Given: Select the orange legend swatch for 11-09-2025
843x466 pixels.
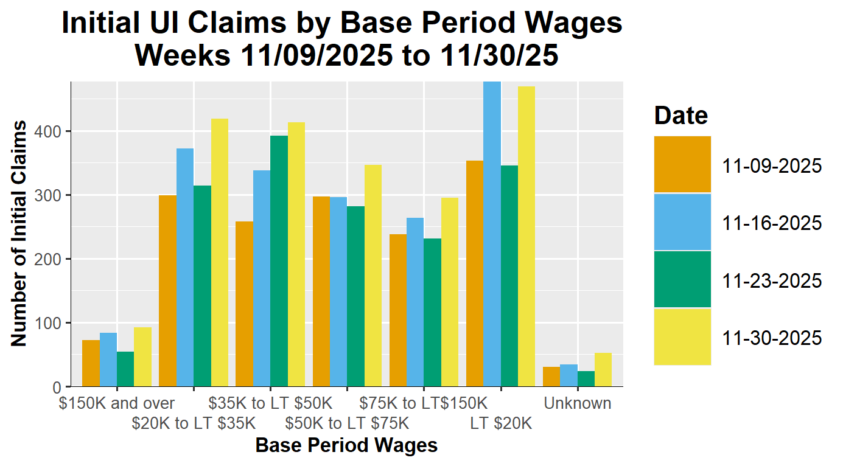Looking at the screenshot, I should click(682, 164).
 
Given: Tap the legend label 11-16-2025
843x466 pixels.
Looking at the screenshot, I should click(772, 223).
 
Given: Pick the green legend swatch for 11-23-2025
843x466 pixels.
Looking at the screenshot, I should click(682, 279).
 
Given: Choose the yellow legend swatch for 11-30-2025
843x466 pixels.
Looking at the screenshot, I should click(682, 336).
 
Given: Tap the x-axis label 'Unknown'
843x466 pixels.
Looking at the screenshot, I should click(578, 403).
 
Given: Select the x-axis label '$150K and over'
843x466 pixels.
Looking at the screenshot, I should click(117, 403).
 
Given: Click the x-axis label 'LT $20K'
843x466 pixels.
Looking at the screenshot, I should click(501, 423).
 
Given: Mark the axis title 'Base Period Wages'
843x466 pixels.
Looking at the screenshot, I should click(346, 445).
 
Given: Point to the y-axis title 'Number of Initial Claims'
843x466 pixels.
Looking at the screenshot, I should click(19, 234).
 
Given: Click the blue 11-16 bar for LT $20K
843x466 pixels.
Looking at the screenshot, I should click(492, 234).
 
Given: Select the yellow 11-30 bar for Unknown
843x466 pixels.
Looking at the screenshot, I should click(603, 370).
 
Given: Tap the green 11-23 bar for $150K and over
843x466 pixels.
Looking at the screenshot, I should click(125, 369).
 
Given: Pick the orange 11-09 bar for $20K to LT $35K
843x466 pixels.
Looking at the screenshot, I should click(167, 291).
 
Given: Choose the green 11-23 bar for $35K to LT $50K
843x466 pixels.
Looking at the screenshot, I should click(279, 261).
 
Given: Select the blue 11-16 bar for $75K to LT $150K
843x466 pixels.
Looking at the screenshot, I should click(415, 302).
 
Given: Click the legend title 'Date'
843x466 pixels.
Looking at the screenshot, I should click(681, 115).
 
